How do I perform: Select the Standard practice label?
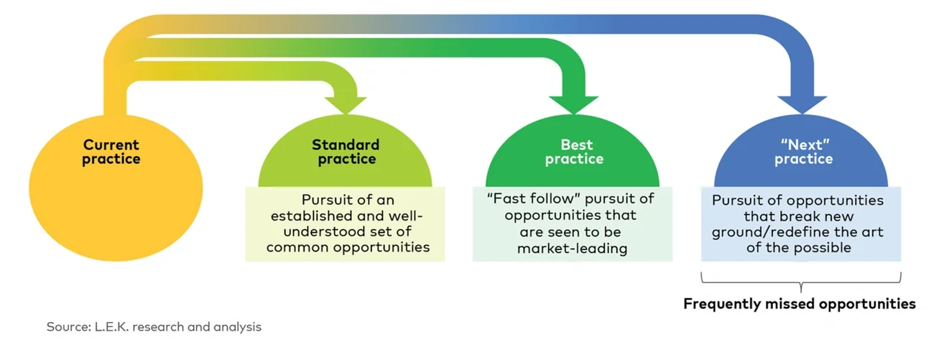(345, 152)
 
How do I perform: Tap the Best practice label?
(574, 152)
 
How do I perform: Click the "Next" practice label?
(803, 152)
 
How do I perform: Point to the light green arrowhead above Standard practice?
(345, 103)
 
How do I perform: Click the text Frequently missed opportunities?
(799, 304)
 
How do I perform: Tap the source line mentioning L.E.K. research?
(154, 327)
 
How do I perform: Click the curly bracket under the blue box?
(800, 279)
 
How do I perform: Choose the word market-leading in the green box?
(572, 249)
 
